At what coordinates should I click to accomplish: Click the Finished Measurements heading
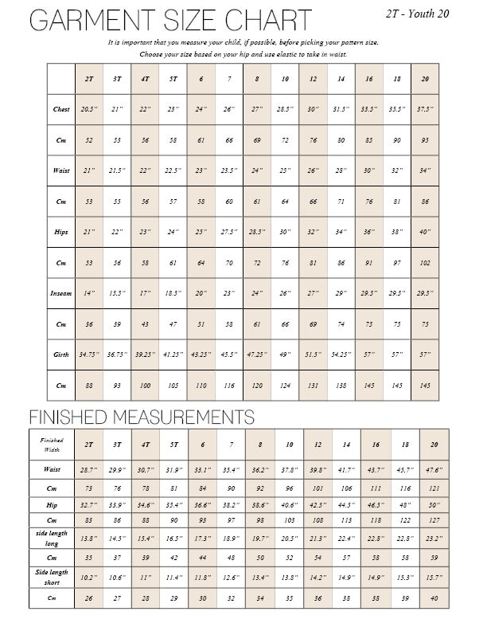click(x=142, y=417)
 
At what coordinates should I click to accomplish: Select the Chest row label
click(x=61, y=109)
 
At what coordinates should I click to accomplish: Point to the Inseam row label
click(x=61, y=293)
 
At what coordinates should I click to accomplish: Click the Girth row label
click(x=61, y=355)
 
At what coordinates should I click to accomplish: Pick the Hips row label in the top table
click(x=61, y=232)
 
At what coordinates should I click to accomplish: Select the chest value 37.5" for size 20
click(x=425, y=109)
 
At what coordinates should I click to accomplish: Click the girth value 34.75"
click(x=89, y=355)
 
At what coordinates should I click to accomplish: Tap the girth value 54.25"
click(x=341, y=355)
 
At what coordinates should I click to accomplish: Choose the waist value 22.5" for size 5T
click(x=173, y=170)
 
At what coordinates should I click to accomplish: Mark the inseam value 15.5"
click(x=117, y=293)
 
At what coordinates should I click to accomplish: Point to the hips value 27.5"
click(x=229, y=232)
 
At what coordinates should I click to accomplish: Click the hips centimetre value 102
click(x=425, y=262)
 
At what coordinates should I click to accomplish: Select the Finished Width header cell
click(x=50, y=443)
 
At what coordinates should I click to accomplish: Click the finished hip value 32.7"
click(x=88, y=504)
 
